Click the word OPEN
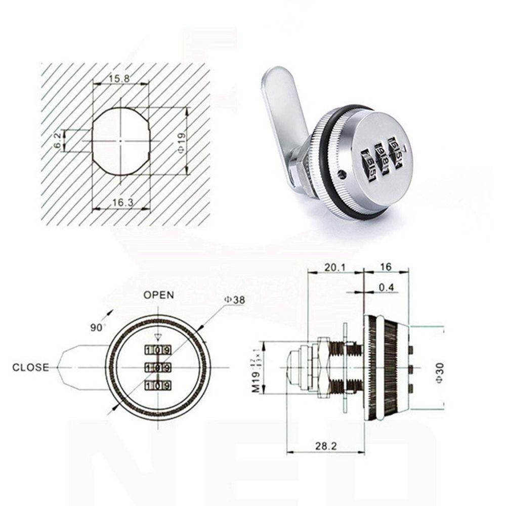click(158, 295)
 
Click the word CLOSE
click(31, 367)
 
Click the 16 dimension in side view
click(386, 266)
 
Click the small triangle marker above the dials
click(158, 338)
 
